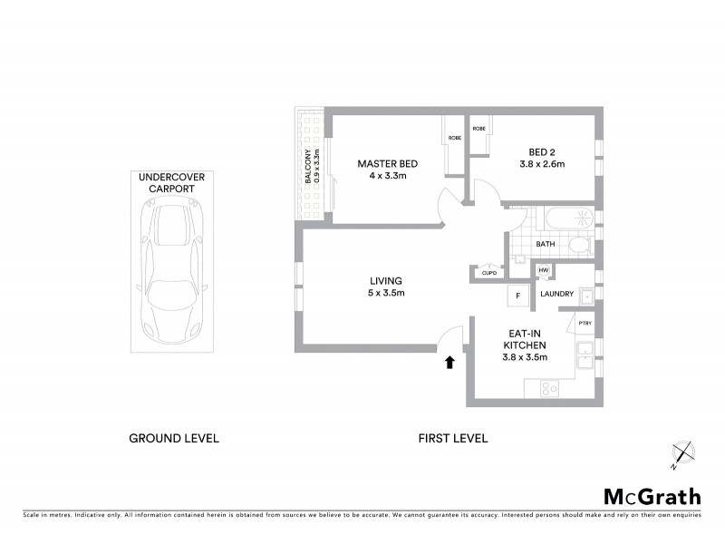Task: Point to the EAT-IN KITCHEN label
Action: pyautogui.click(x=524, y=345)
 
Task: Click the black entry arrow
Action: pyautogui.click(x=448, y=363)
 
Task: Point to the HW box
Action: pyautogui.click(x=545, y=271)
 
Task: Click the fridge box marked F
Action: pyautogui.click(x=517, y=296)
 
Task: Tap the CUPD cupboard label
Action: pyautogui.click(x=489, y=272)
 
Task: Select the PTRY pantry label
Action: pyautogui.click(x=585, y=323)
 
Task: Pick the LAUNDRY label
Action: pyautogui.click(x=556, y=294)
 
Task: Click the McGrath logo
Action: pyautogui.click(x=652, y=496)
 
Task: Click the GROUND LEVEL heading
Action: pyautogui.click(x=174, y=438)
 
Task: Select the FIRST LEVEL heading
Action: pyautogui.click(x=452, y=438)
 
